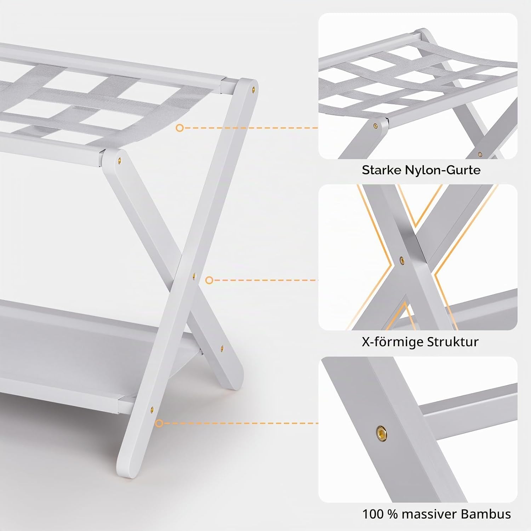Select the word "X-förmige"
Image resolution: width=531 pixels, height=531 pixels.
392,342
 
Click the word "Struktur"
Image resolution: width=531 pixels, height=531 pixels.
453,342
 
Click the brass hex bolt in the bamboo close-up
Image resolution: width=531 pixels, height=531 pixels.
381,431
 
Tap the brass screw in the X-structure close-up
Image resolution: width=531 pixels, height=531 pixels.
401,260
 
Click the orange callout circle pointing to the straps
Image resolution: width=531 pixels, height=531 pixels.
180,128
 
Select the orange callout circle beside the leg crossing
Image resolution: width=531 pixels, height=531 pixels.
209,280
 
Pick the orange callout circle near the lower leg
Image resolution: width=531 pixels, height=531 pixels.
159,423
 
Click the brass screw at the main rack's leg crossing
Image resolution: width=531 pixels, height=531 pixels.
194,275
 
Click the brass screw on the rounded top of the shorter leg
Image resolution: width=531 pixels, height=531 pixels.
120,160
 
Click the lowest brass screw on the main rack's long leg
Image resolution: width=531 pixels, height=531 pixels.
152,409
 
